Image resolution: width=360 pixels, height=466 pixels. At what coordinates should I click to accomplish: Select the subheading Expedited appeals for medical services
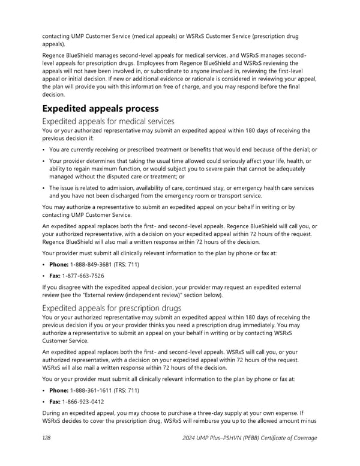[x=108, y=121]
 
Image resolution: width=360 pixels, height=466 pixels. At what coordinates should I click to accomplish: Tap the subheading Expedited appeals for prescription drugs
[x=112, y=308]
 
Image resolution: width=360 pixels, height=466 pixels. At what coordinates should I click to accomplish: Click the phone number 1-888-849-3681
[x=91, y=265]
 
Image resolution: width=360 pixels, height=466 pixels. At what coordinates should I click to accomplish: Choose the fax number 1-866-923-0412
[x=83, y=401]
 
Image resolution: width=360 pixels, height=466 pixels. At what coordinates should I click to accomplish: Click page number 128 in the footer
[x=46, y=438]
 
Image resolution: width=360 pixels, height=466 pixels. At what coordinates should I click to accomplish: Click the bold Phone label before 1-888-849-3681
[x=59, y=265]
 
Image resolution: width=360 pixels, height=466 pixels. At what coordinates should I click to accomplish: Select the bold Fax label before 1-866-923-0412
[x=55, y=401]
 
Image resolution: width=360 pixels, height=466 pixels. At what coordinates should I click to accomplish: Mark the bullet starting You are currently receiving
[x=45, y=150]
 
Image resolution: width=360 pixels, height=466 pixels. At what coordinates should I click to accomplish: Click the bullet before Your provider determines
[x=45, y=161]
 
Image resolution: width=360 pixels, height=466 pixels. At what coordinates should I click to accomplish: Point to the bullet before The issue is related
[x=45, y=188]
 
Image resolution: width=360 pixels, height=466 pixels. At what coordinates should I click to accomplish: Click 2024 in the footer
[x=191, y=438]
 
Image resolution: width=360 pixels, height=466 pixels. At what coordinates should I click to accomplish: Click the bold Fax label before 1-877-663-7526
[x=55, y=276]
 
